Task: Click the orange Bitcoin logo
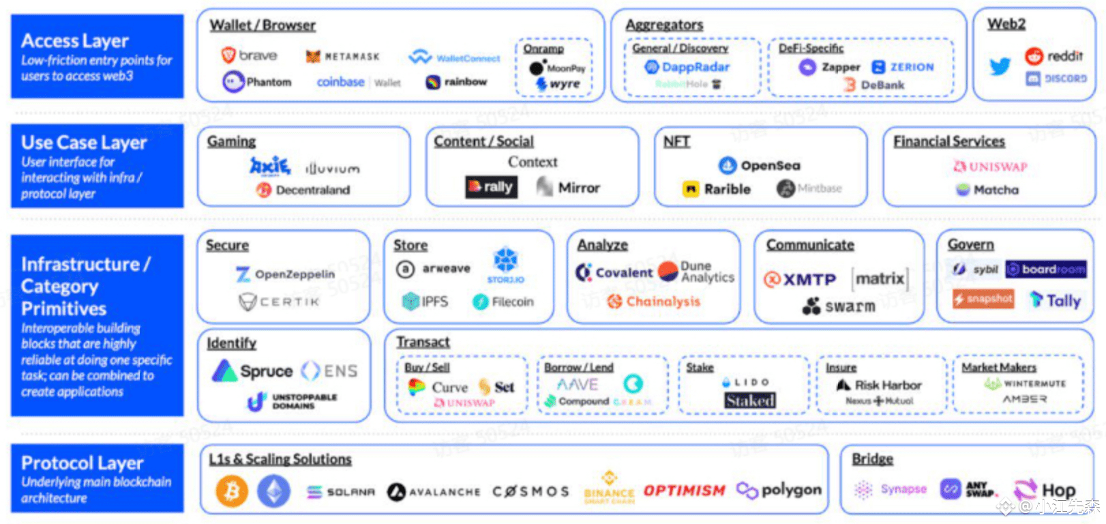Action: pos(231,491)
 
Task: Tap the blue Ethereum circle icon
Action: pos(273,491)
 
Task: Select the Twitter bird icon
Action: pos(1000,66)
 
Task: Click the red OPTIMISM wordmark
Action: pos(684,491)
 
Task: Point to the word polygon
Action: pos(791,490)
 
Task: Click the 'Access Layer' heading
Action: pos(75,41)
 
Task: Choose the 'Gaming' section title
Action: pos(231,141)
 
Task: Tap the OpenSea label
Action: pos(771,165)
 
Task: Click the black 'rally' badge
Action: pos(491,187)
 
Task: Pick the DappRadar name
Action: pos(696,67)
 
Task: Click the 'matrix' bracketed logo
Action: pos(880,278)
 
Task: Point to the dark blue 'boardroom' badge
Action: pos(1046,270)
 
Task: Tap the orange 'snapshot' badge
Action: pos(983,299)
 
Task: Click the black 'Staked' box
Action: pos(750,401)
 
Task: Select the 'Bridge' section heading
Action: pos(872,459)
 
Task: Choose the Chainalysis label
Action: pos(663,302)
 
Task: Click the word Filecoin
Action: pos(513,302)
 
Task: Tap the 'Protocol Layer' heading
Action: pos(82,463)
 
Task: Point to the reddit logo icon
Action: pos(1034,56)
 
